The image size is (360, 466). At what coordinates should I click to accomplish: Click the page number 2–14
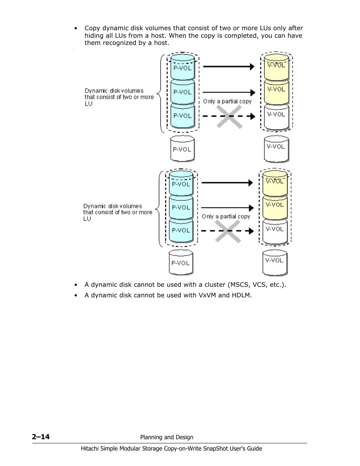coord(41,437)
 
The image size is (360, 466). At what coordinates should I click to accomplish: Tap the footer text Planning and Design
coord(166,437)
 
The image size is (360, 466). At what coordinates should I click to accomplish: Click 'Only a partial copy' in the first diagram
coord(227,101)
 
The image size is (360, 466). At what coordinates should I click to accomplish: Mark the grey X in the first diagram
coord(229,117)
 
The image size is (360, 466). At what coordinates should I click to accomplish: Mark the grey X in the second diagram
coord(228,231)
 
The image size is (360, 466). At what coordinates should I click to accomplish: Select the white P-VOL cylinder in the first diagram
coord(182,149)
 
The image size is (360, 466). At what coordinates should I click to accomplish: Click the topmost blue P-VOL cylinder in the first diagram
coord(183,67)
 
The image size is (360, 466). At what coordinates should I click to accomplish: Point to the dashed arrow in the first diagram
coord(229,117)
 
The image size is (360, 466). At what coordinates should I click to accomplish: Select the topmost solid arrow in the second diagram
coord(227,183)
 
